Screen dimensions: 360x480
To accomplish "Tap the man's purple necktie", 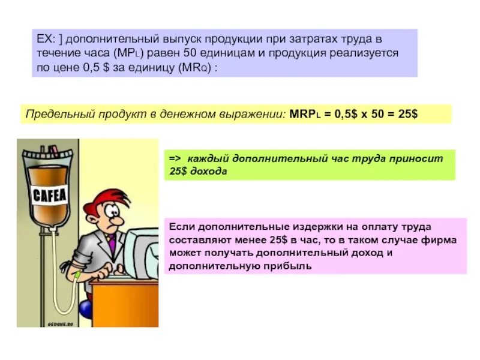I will tap(112, 244).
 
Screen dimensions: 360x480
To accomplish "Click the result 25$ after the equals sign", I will tap(406, 113).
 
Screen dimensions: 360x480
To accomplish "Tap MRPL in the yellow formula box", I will tap(303, 113).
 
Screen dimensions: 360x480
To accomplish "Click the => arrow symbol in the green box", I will tap(175, 159).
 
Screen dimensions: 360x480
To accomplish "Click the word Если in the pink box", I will tap(179, 227).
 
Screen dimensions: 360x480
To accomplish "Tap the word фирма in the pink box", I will tap(441, 239).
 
